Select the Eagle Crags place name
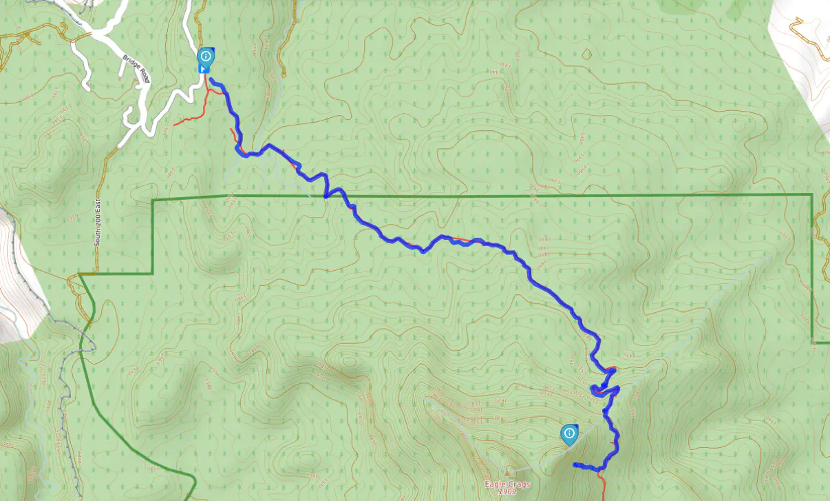click(507, 484)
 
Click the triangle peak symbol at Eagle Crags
click(509, 473)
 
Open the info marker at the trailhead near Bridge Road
click(205, 57)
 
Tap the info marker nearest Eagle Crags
click(569, 433)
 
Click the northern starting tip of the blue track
click(211, 81)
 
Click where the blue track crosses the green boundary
click(325, 196)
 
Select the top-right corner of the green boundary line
click(812, 195)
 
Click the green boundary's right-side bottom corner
click(813, 341)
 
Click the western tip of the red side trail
click(175, 125)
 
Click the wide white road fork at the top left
click(103, 31)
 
